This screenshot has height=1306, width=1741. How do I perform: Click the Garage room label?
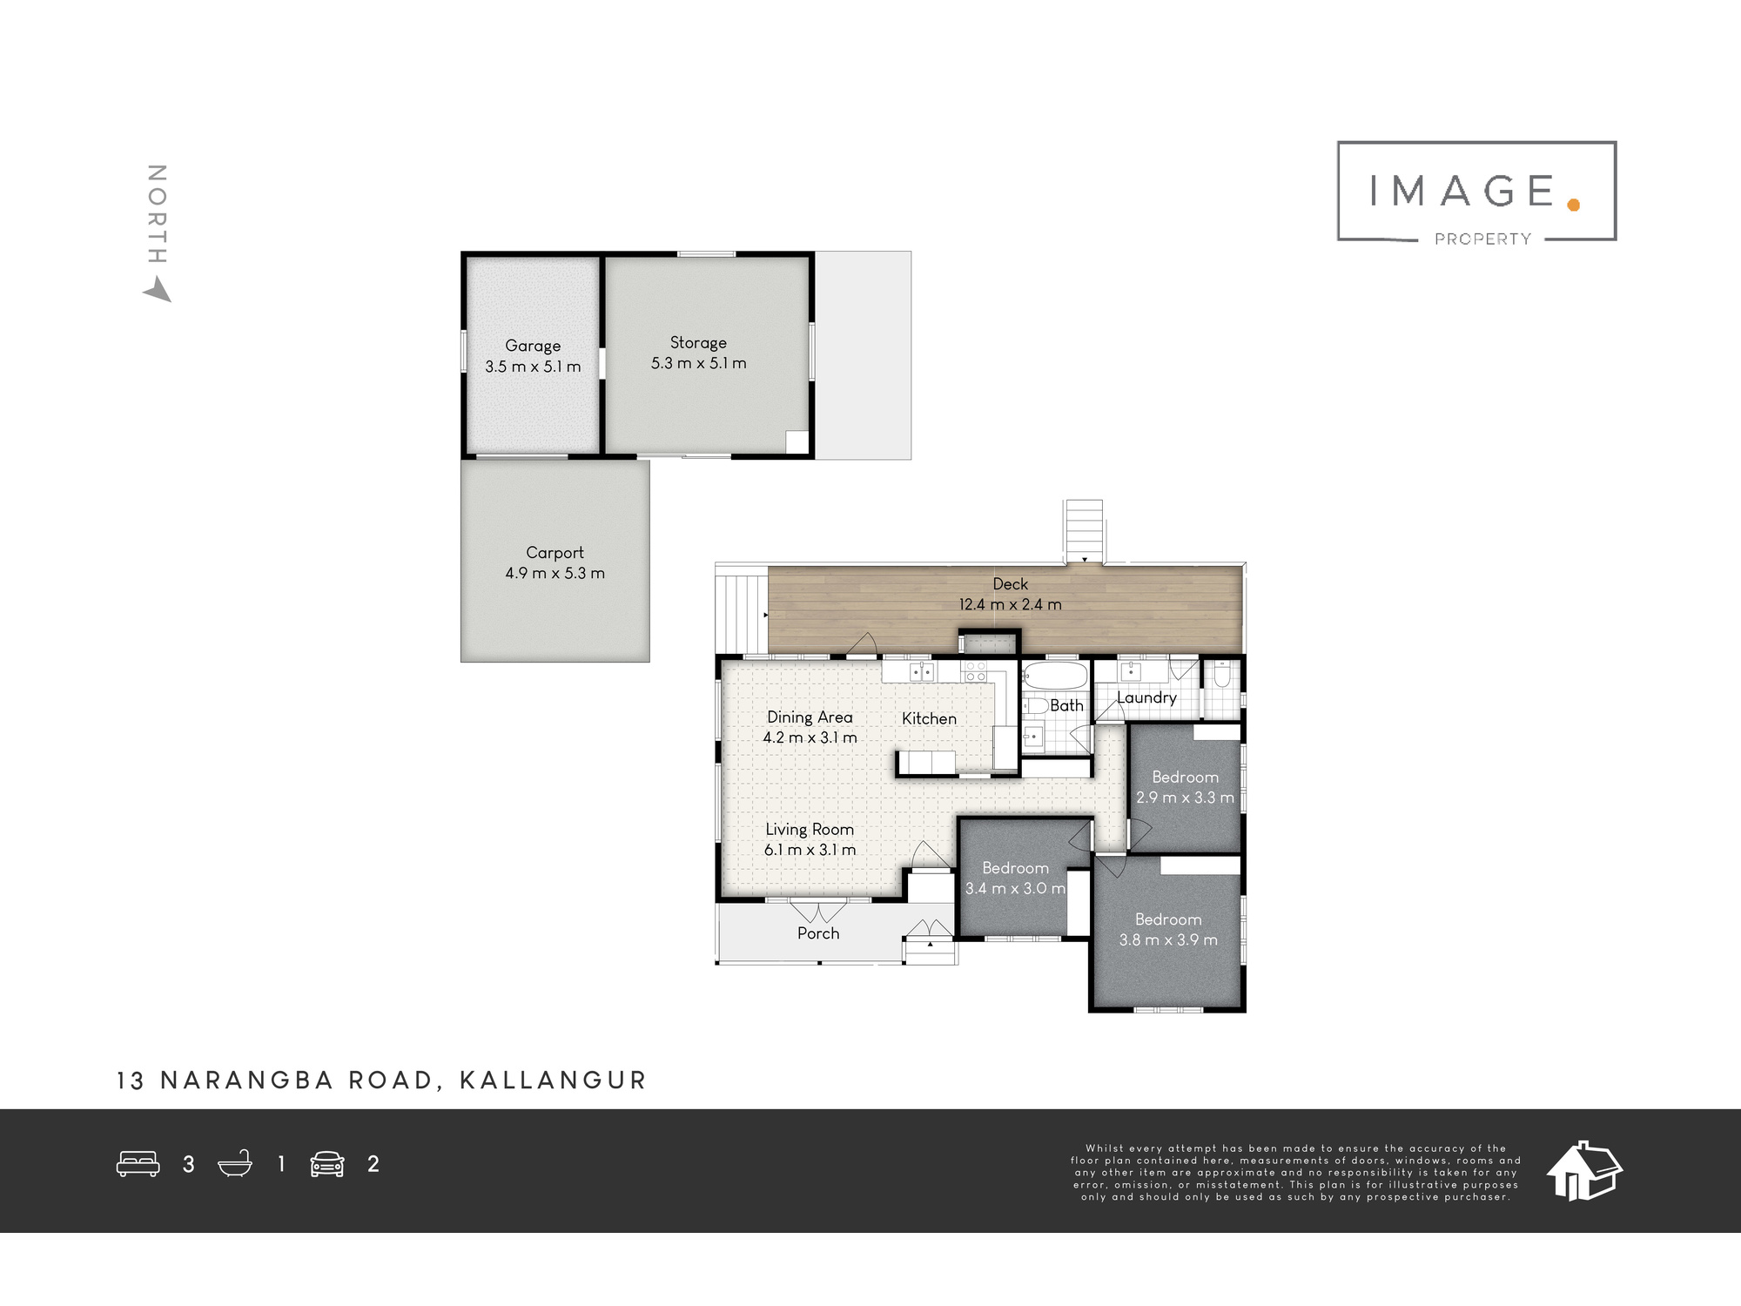(x=533, y=346)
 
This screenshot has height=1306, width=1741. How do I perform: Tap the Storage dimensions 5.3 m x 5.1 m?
(x=699, y=363)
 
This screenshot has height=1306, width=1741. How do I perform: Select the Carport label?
(x=555, y=552)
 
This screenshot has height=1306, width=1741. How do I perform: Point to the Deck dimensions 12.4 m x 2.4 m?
(x=1011, y=604)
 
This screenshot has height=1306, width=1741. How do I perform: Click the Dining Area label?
(x=810, y=717)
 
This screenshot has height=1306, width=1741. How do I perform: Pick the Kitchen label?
(x=929, y=718)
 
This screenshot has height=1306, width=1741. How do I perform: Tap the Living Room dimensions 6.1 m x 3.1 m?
(x=810, y=850)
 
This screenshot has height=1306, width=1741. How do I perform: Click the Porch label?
(x=818, y=933)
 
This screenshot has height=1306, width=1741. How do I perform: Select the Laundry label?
(x=1146, y=697)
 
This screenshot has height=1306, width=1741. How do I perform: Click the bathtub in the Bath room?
(x=1055, y=676)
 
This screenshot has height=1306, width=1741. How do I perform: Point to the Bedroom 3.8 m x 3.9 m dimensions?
(x=1168, y=939)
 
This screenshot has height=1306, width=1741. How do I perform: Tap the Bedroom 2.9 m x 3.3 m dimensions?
(x=1185, y=798)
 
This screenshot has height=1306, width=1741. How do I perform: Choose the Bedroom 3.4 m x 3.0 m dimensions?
(x=1015, y=888)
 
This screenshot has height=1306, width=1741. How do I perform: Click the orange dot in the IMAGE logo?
(x=1572, y=205)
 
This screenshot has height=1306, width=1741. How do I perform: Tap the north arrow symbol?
(x=158, y=290)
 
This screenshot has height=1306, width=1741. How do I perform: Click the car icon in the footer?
(x=327, y=1164)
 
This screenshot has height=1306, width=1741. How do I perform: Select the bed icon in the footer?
(x=138, y=1164)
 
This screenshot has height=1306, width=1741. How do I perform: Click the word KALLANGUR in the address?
(x=553, y=1080)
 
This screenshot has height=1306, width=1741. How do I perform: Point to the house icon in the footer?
(x=1584, y=1171)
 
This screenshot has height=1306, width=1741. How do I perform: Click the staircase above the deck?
(x=1084, y=531)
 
